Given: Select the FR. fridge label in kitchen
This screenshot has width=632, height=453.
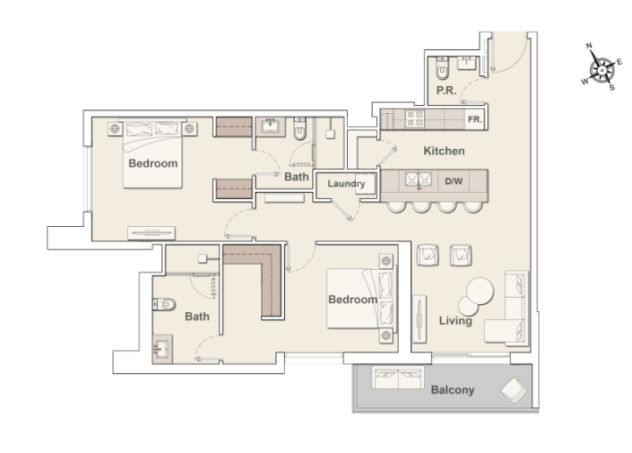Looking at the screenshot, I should (x=474, y=119).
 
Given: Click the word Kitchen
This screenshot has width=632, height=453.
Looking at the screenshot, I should (x=443, y=151).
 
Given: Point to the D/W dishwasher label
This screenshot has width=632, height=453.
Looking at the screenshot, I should (x=455, y=182).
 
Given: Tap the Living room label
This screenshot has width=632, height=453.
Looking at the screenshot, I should (x=455, y=320).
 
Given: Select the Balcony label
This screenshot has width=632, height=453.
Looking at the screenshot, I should (x=452, y=390).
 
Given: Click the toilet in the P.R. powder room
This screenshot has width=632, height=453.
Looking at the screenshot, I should (x=440, y=68).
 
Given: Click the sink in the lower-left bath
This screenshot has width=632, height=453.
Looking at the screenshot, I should (x=162, y=347).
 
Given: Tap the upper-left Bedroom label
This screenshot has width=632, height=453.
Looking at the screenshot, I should (x=152, y=164).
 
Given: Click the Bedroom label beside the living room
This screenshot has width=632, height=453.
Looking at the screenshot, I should (x=351, y=299).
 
